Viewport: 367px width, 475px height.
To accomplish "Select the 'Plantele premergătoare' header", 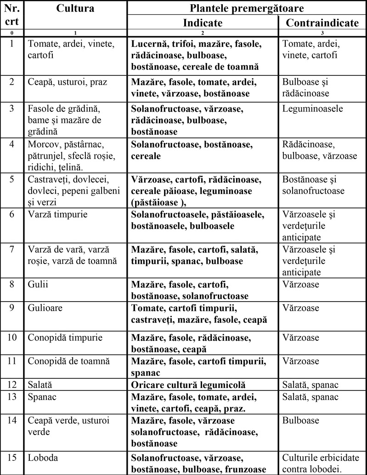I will pos(247,8).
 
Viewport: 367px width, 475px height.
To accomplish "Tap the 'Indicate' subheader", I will pos(203,23).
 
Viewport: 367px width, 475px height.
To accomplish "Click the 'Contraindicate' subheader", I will pos(322,23).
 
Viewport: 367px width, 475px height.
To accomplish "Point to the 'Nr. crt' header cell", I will pos(11,15).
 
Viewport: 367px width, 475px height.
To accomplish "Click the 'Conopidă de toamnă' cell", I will pos(67,361).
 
